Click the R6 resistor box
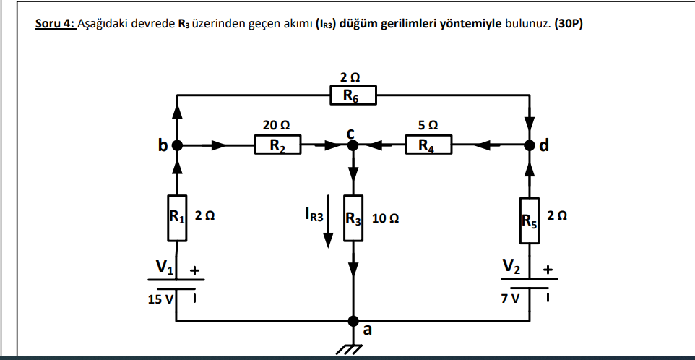point(353,95)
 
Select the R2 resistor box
point(279,145)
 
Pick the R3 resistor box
point(353,217)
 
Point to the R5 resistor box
point(530,217)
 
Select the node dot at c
point(353,145)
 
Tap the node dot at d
point(530,145)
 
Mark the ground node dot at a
point(353,320)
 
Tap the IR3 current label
point(316,215)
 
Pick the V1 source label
point(163,268)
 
